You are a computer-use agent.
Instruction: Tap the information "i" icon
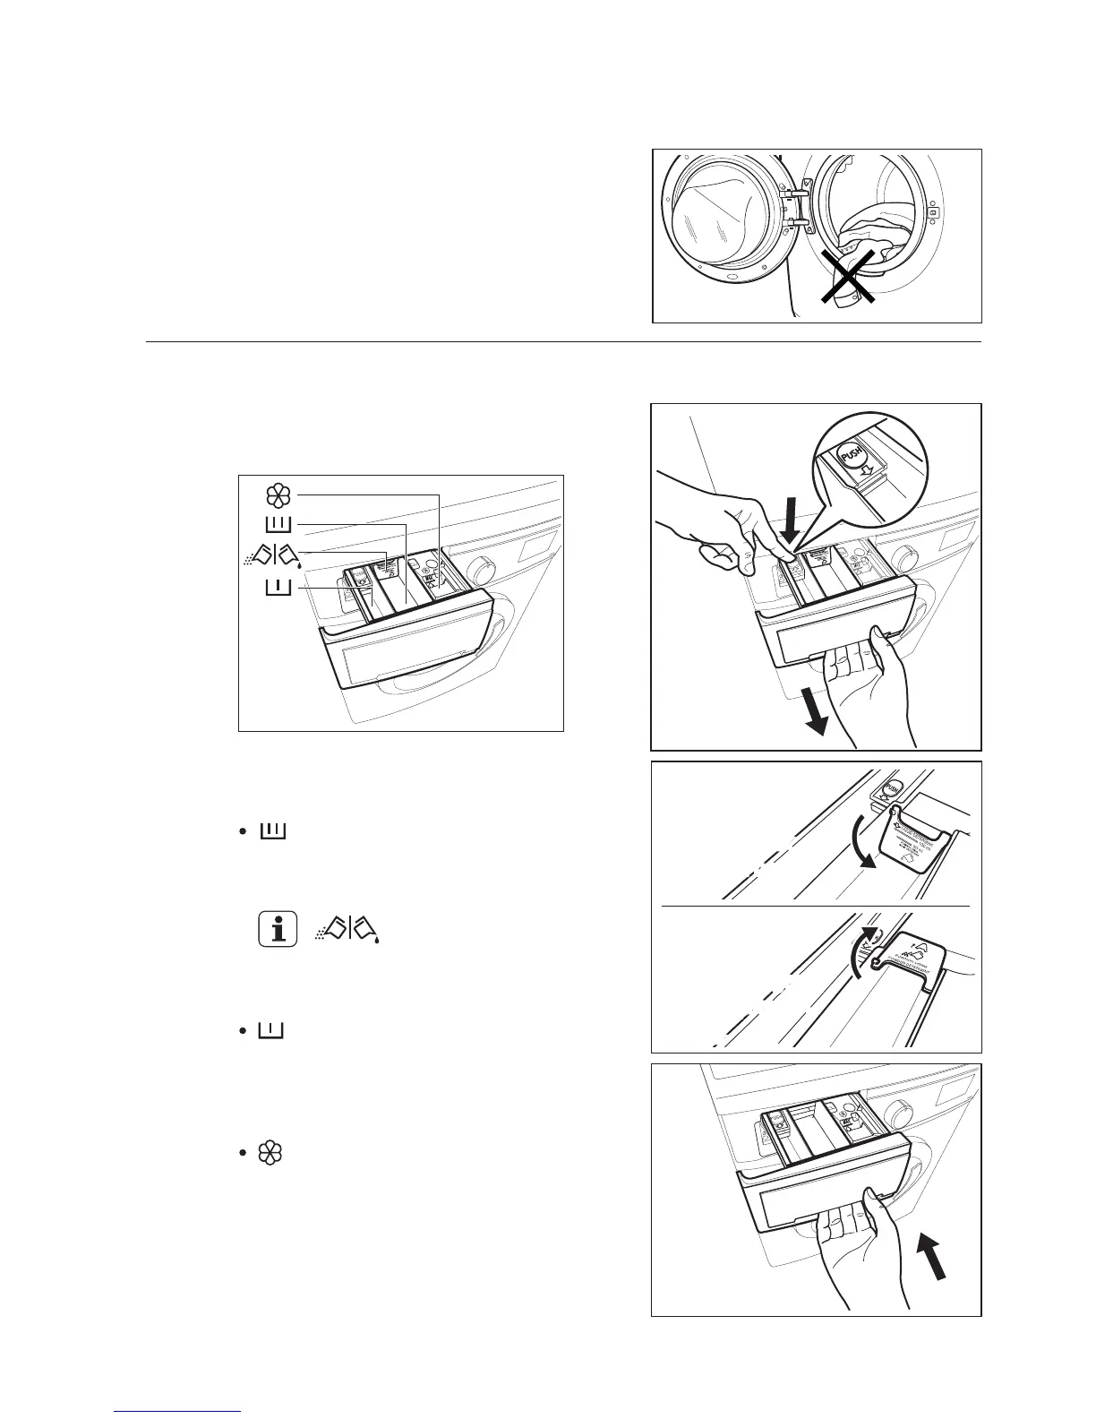pos(278,928)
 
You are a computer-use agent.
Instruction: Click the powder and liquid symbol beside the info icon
pos(348,928)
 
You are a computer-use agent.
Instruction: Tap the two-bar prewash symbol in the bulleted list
pos(270,1030)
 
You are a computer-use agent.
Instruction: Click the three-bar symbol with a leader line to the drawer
pos(278,524)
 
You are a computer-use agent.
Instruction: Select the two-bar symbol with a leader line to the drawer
pos(278,588)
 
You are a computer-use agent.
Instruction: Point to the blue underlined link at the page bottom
pos(177,1412)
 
